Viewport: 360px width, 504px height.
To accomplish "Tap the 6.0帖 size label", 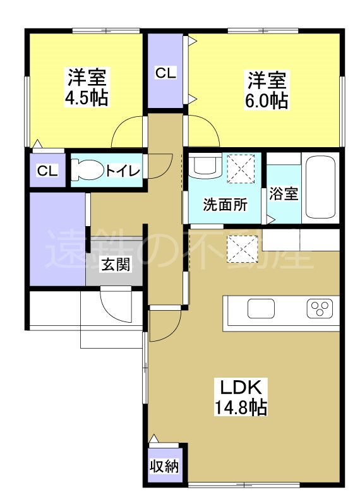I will (267, 100).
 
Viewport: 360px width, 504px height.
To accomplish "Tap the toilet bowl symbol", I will (87, 170).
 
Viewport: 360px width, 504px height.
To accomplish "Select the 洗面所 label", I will (225, 205).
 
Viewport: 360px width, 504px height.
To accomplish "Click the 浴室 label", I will (283, 194).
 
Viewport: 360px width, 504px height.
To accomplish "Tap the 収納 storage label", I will (164, 467).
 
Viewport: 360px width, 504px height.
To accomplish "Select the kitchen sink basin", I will (261, 309).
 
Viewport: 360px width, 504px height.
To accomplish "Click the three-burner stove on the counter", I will (319, 309).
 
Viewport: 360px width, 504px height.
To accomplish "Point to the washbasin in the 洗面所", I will (205, 166).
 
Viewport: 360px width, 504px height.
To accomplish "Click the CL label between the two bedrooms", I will (166, 73).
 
